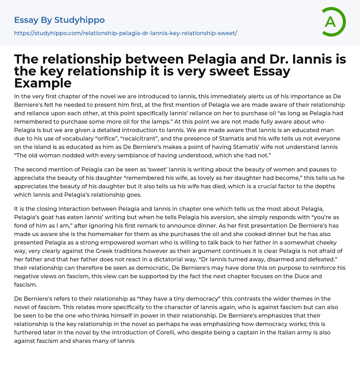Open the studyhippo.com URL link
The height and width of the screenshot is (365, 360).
(126, 33)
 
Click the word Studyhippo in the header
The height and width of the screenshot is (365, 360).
(79, 20)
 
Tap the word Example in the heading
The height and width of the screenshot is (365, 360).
(43, 83)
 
